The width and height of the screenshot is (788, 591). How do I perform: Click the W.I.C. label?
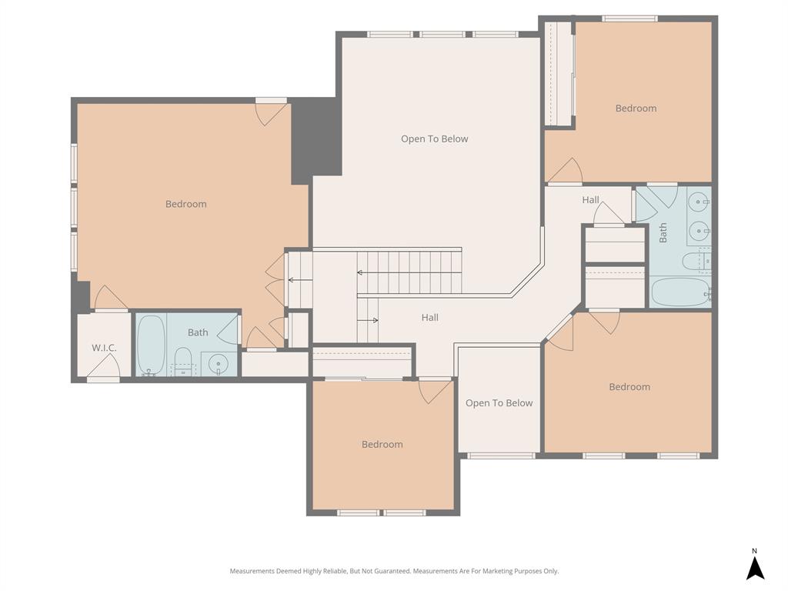(104, 348)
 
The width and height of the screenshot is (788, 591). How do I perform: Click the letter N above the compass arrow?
(755, 550)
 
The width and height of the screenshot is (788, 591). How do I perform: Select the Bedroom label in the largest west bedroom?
(186, 204)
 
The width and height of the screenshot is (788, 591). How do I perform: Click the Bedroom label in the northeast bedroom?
(636, 109)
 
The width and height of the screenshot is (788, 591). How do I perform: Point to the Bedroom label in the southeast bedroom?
(629, 387)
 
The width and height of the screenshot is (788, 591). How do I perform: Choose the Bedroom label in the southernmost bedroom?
(382, 444)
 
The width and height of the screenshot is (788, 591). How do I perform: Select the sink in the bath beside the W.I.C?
(219, 363)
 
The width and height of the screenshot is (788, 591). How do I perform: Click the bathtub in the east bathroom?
(679, 292)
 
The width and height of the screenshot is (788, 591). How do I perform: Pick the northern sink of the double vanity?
(699, 203)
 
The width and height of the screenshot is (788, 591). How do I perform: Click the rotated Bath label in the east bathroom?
(663, 233)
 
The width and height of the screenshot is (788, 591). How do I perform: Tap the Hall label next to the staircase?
(429, 317)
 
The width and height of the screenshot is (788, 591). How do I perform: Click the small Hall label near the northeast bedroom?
(590, 200)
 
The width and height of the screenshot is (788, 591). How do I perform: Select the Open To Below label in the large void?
(434, 139)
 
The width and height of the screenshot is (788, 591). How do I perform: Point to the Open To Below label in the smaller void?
(499, 403)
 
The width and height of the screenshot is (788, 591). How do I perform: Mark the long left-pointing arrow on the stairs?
(408, 272)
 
